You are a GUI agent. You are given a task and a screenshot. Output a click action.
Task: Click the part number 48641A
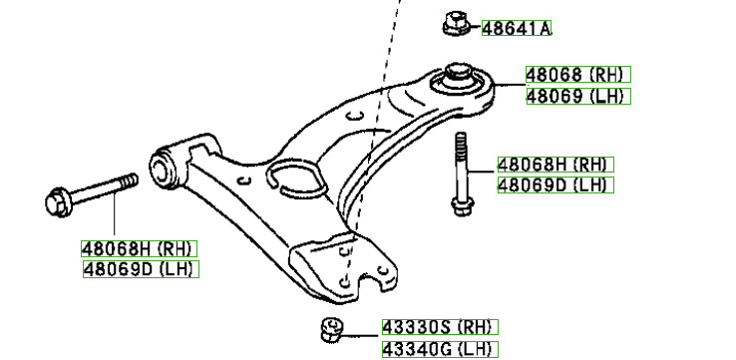[517, 28]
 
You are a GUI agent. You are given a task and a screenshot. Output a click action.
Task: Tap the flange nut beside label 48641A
[456, 24]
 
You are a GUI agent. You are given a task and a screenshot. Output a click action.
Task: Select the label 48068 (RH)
[577, 74]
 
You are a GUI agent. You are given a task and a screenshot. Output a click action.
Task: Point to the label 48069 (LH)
[578, 96]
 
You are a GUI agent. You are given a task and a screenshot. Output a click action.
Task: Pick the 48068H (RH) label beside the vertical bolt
[555, 165]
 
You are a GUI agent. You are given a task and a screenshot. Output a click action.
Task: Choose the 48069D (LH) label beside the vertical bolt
[555, 184]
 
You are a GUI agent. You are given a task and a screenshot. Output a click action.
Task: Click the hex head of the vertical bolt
[463, 206]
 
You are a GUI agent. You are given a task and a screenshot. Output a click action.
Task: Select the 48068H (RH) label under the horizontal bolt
[139, 248]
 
